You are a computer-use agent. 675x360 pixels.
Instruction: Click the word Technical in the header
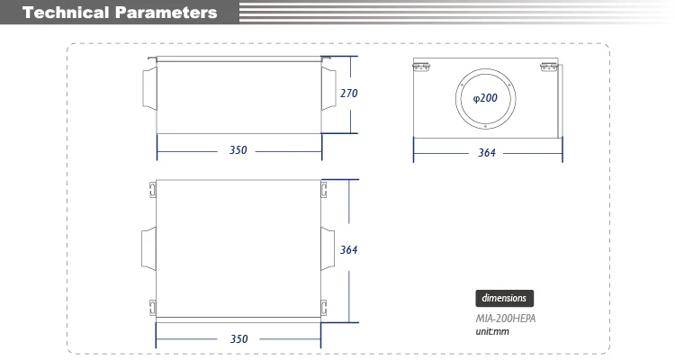pyautogui.click(x=66, y=13)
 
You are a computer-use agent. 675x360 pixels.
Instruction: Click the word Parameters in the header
pyautogui.click(x=166, y=13)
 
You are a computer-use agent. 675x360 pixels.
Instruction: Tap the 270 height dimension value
pyautogui.click(x=348, y=93)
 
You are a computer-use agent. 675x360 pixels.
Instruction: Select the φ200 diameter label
pyautogui.click(x=485, y=98)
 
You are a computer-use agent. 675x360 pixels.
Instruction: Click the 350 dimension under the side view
pyautogui.click(x=238, y=150)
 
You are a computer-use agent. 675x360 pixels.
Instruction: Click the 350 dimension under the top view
pyautogui.click(x=238, y=339)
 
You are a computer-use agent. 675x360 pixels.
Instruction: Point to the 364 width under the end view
pyautogui.click(x=487, y=152)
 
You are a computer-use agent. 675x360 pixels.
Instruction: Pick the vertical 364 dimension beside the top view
pyautogui.click(x=348, y=250)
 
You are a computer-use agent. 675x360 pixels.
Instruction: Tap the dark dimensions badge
pyautogui.click(x=505, y=298)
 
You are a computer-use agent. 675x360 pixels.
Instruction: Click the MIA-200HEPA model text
pyautogui.click(x=506, y=319)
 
